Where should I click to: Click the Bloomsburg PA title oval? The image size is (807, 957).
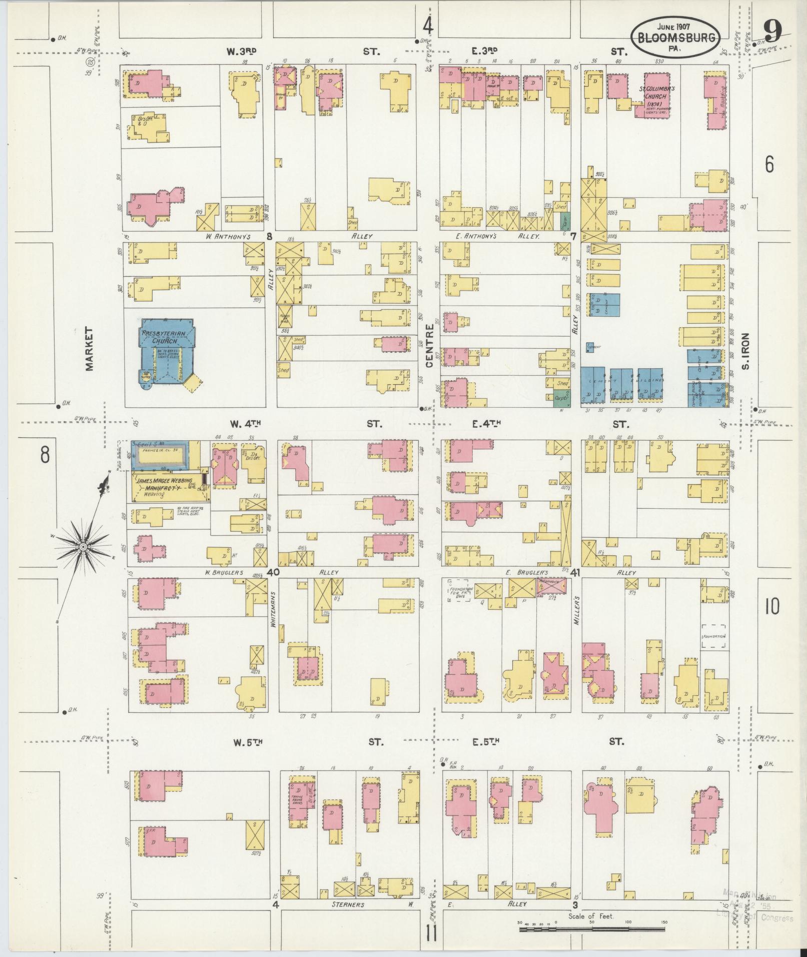[676, 37]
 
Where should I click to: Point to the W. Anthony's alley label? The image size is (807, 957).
[228, 237]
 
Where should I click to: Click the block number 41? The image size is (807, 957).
[575, 573]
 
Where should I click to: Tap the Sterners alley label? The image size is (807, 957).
[348, 904]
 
